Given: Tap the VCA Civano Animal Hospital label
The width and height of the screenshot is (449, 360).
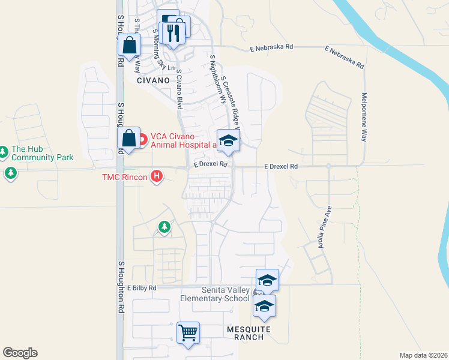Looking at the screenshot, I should tap(182, 140).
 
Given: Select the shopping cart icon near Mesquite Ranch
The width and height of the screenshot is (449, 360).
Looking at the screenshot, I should tap(188, 332).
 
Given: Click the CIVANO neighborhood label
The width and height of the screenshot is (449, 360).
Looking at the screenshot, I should tap(154, 80).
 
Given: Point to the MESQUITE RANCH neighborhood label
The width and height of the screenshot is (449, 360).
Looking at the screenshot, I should tap(249, 333).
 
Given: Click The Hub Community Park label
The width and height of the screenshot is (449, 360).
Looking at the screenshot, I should tap(42, 153).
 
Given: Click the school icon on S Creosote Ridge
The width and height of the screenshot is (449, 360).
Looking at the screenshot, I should tap(228, 140).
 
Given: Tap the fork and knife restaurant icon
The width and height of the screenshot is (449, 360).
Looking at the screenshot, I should tap(174, 33).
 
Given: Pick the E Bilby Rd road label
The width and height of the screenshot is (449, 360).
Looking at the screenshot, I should tap(142, 288).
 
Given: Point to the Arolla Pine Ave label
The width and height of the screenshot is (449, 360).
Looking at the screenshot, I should tap(325, 228).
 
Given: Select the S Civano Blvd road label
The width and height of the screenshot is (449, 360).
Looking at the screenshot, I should tap(179, 89).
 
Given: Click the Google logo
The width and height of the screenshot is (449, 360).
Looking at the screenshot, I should tap(20, 353).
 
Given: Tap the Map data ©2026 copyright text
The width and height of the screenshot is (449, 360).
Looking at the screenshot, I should tap(423, 355).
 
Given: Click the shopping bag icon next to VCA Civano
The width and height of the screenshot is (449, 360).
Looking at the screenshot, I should tap(130, 137).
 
